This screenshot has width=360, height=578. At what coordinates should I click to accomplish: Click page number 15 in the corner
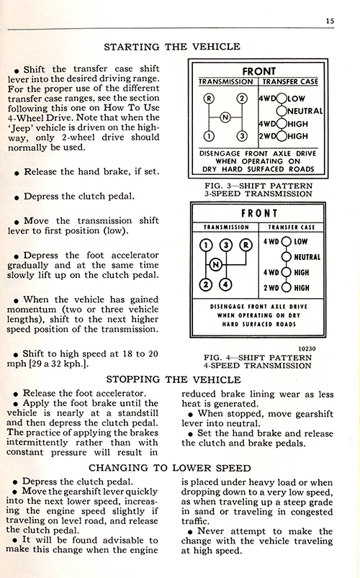[x=330, y=21]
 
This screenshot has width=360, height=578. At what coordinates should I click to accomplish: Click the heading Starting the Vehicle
[x=172, y=47]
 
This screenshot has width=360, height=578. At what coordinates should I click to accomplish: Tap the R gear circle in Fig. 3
[x=209, y=99]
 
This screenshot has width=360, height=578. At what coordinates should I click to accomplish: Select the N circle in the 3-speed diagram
[x=225, y=117]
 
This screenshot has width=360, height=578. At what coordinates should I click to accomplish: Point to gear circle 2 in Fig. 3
[x=242, y=99]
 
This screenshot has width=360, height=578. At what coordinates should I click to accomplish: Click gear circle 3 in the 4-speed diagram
[x=226, y=245]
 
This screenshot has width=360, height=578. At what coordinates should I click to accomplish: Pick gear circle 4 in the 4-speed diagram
[x=226, y=284]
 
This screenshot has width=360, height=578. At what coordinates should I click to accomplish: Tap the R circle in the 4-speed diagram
[x=246, y=245]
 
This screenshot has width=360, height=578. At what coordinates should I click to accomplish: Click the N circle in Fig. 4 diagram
[x=216, y=265]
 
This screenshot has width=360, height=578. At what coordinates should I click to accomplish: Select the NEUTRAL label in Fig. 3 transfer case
[x=305, y=111]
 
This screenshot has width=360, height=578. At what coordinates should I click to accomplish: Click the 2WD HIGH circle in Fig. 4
[x=287, y=288]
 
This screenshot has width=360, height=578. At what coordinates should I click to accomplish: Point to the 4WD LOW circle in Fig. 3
[x=282, y=99]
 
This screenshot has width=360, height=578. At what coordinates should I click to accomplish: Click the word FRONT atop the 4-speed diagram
[x=259, y=214]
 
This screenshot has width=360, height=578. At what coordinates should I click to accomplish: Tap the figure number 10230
[x=307, y=348]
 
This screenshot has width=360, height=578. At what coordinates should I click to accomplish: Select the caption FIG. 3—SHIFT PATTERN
[x=258, y=186]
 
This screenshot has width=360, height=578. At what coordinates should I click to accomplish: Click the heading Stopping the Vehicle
[x=174, y=379]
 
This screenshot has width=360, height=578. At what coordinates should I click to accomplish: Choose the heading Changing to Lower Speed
[x=170, y=468]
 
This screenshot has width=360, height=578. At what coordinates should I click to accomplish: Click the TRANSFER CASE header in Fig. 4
[x=292, y=227]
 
